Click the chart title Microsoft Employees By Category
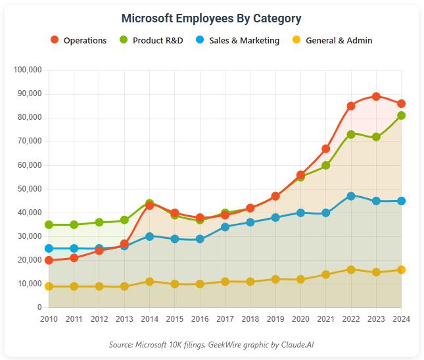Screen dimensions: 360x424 coord(212,18)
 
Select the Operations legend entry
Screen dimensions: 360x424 coord(79,40)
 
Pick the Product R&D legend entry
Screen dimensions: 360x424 coord(152,40)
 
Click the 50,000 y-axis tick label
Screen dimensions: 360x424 coord(30,189)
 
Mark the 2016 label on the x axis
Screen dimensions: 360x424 coord(200,319)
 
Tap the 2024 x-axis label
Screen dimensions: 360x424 coord(401,319)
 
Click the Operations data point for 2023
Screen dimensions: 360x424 coord(376,96)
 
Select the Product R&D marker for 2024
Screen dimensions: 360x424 coord(401,115)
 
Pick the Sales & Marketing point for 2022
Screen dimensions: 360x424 coord(351,196)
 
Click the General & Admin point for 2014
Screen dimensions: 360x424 coord(149,282)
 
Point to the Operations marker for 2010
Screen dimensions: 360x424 coord(49,260)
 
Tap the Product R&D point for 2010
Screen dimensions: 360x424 coord(49,224)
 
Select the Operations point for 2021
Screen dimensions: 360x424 coord(325,149)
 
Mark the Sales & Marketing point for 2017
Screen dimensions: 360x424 coord(225,227)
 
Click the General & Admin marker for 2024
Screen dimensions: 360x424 coord(401,270)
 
